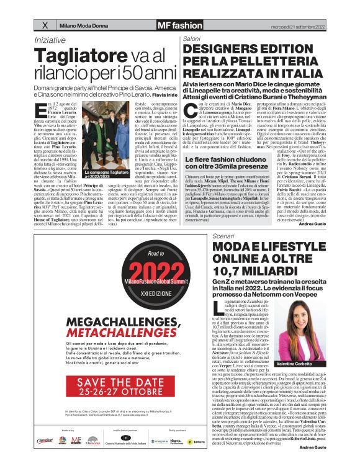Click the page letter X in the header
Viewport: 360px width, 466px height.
(44, 25)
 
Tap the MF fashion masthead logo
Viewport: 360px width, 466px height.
(161, 25)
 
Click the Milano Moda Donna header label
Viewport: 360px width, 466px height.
(83, 25)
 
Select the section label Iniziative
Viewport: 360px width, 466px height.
(51, 40)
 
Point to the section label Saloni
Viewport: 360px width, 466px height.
(192, 39)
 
